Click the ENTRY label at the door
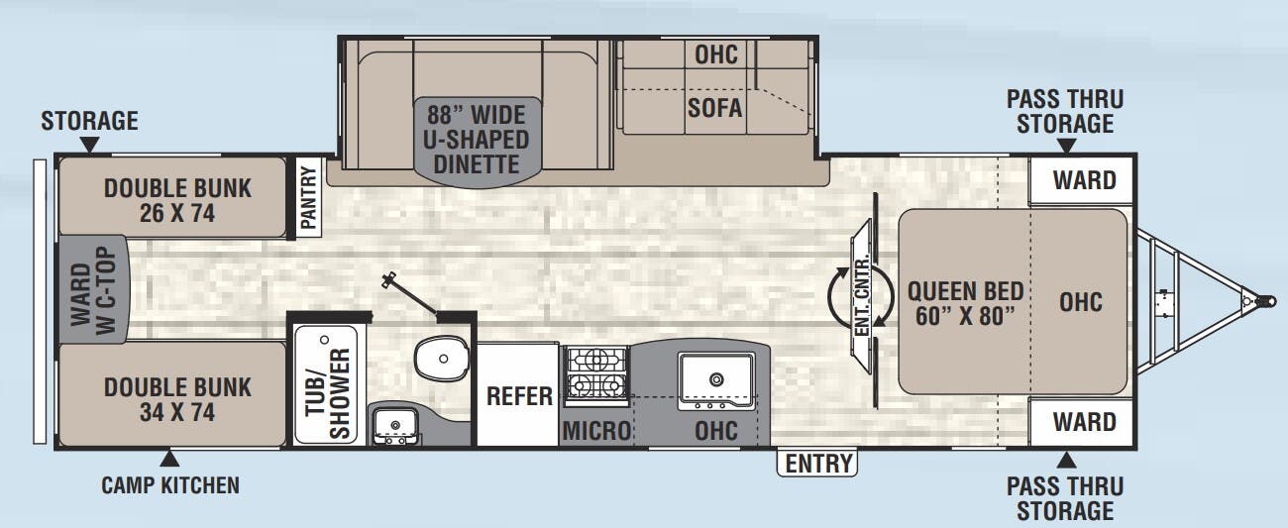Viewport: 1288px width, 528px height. click(x=818, y=463)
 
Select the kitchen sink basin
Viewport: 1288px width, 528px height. click(x=714, y=377)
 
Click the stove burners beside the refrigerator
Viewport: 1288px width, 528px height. click(x=595, y=374)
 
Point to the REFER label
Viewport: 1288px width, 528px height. click(x=518, y=396)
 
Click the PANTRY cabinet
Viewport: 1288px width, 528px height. click(x=308, y=197)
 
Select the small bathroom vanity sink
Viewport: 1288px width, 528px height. click(x=395, y=427)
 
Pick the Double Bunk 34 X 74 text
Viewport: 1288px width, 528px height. click(x=178, y=399)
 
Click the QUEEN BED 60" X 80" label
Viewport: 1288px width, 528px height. click(x=965, y=301)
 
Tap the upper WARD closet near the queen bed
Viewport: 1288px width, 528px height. click(x=1083, y=181)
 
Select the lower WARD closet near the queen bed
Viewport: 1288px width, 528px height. click(x=1083, y=422)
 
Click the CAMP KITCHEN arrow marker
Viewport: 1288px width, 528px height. click(x=170, y=460)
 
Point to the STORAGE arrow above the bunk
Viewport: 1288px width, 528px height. click(x=89, y=146)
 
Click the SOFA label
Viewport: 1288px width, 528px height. click(x=714, y=107)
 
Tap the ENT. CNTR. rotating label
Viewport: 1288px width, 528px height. click(x=860, y=295)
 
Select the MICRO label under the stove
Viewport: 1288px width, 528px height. click(x=596, y=431)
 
